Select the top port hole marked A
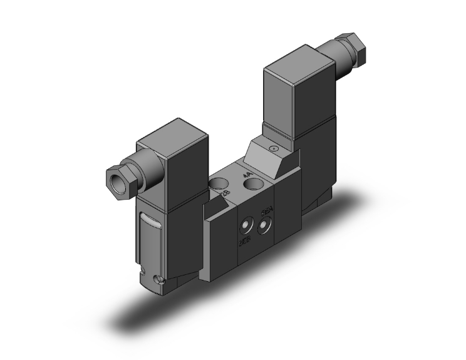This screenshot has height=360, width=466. point(253,183)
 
